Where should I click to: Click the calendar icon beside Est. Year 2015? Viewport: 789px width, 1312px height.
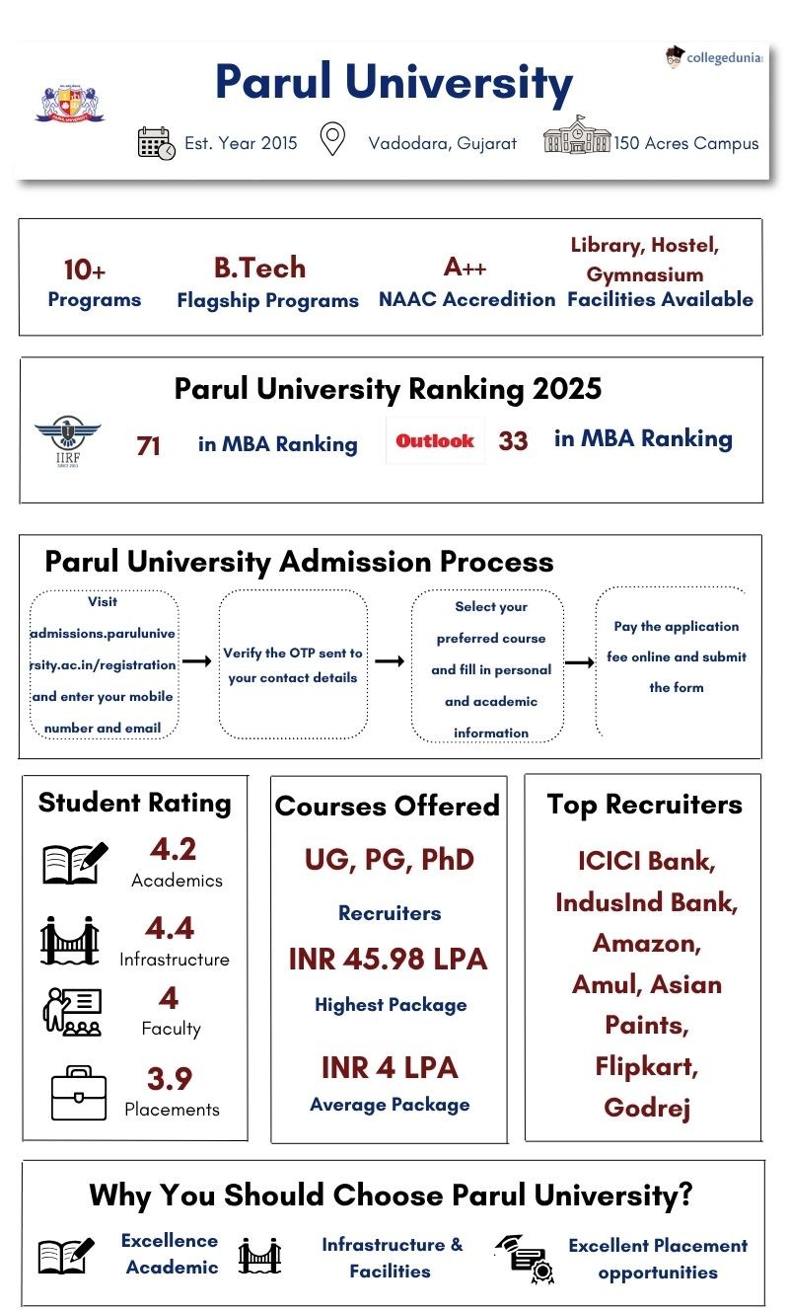coord(156,143)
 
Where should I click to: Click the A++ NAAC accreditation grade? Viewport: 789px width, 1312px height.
coord(466,267)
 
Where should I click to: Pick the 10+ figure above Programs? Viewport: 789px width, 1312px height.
coord(85,270)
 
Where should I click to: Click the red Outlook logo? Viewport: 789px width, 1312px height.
coord(435,441)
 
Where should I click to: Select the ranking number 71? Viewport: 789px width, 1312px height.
coord(149,446)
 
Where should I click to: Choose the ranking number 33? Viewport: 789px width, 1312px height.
coord(513,441)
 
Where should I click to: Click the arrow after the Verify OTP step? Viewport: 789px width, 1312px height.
coord(390,661)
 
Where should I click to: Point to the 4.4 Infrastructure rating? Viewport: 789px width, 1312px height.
coord(170,928)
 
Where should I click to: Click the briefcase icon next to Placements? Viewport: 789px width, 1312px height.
coord(78,1093)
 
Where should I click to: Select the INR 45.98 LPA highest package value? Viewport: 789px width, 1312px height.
coord(389,959)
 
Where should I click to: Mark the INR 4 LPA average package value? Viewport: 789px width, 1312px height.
coord(389,1067)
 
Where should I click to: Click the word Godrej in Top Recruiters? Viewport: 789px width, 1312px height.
coord(646,1107)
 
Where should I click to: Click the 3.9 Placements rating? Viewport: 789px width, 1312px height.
coord(170,1078)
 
